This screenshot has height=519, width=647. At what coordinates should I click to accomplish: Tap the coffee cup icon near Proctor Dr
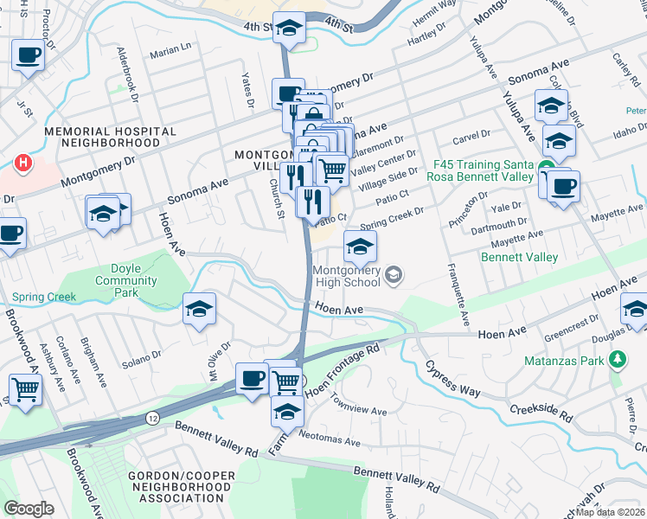pos(28,57)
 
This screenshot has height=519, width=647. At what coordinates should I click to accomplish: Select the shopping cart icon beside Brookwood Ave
pos(25,390)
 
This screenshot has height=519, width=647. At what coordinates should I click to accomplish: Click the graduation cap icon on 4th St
pos(289,29)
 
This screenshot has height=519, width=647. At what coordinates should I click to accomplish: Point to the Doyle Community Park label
pos(126,275)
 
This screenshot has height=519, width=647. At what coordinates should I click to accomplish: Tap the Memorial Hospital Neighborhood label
pos(111,137)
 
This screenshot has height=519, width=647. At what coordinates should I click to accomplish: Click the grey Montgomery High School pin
pos(394,276)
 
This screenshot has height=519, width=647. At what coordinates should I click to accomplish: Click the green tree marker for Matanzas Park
pos(618,358)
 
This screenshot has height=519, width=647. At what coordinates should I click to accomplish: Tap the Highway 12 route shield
pos(152,417)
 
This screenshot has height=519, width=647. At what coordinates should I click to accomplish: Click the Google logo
pos(29,509)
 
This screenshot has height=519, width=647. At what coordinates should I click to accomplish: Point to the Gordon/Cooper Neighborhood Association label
pos(180,488)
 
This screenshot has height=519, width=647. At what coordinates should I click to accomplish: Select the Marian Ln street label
pos(170,54)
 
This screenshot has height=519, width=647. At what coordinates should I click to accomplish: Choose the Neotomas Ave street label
pos(329,441)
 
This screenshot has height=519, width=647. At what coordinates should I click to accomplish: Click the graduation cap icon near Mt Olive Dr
pos(200,309)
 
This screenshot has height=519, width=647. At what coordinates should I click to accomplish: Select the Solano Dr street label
pos(142,355)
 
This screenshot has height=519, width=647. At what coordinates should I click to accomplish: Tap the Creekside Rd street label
pos(541,413)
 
